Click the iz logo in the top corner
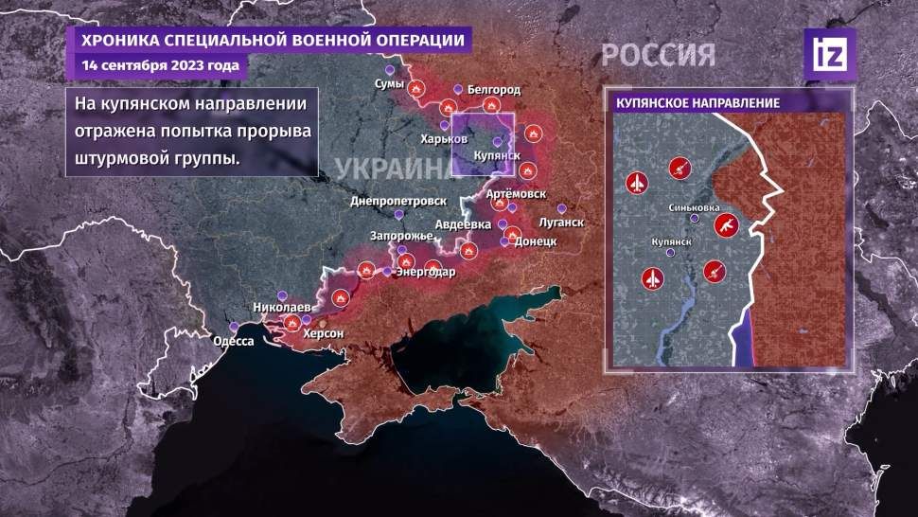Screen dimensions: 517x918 829,53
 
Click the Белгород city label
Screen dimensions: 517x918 494,89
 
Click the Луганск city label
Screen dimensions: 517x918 561,223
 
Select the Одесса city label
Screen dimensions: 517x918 233,341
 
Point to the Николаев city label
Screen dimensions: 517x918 279,309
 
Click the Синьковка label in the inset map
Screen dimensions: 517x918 694,207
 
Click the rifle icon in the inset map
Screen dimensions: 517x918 725,225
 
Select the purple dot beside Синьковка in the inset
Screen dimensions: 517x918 696,219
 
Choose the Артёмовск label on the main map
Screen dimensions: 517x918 516,193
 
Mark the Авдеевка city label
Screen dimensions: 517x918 463,224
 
